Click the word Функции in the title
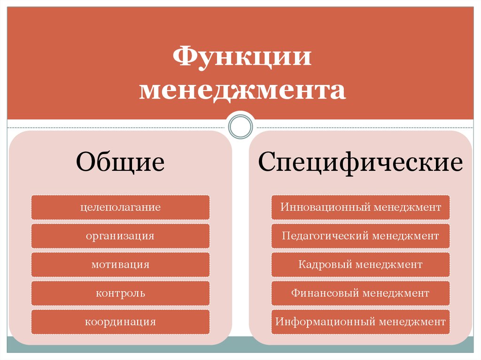click(x=242, y=57)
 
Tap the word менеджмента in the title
click(x=243, y=90)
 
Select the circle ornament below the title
click(x=240, y=126)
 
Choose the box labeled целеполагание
click(x=120, y=207)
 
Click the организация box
click(x=120, y=236)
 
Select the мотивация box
click(x=120, y=265)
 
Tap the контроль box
click(x=120, y=293)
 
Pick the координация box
click(x=120, y=322)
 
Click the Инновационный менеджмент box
click(x=360, y=207)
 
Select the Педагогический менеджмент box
click(x=360, y=236)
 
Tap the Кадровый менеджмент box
click(x=360, y=265)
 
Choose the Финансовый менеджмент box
click(x=360, y=293)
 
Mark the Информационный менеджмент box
click(x=360, y=322)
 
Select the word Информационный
click(x=325, y=322)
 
